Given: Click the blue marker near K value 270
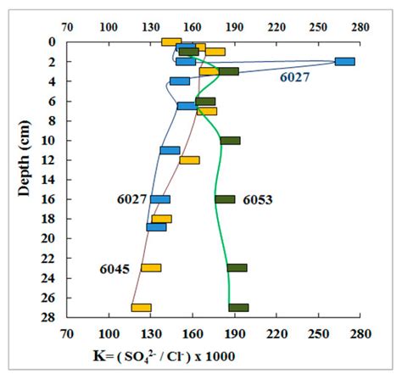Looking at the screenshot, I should pyautogui.click(x=344, y=61).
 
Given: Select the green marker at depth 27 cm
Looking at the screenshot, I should pyautogui.click(x=238, y=308).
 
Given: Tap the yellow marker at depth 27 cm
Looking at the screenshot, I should pyautogui.click(x=141, y=308).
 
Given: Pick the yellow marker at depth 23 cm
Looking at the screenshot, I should pyautogui.click(x=151, y=268).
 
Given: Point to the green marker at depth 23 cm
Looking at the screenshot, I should pyautogui.click(x=237, y=268).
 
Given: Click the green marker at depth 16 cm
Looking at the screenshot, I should pyautogui.click(x=225, y=199).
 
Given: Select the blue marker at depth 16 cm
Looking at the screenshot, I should pyautogui.click(x=160, y=199).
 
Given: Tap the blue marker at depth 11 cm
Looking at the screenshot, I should pyautogui.click(x=170, y=150).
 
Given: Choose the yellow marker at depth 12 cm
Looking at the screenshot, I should pyautogui.click(x=189, y=160).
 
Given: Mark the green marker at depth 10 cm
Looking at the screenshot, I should pyautogui.click(x=230, y=141).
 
